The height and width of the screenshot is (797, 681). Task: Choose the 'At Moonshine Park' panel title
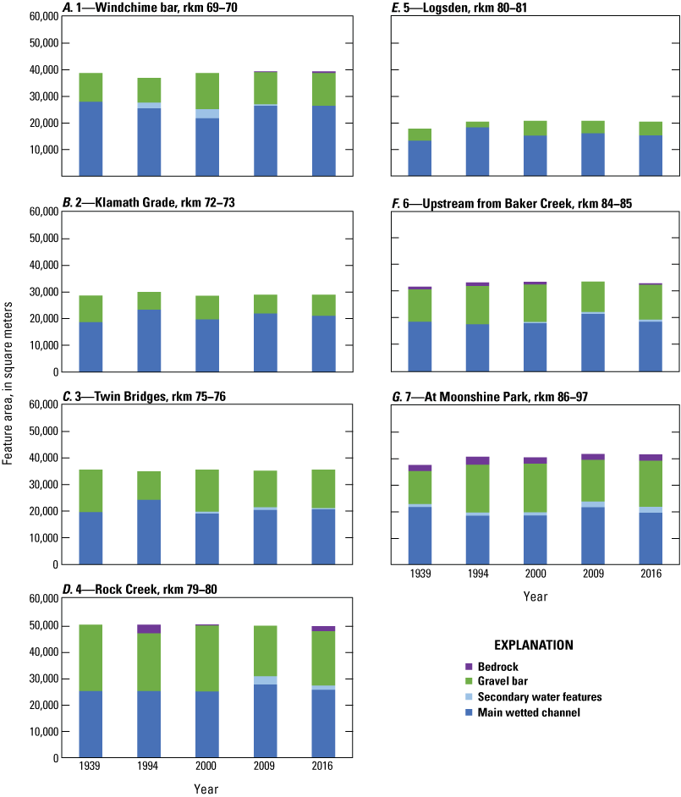pos(491,397)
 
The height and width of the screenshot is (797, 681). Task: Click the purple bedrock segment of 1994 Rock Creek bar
pos(149,629)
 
